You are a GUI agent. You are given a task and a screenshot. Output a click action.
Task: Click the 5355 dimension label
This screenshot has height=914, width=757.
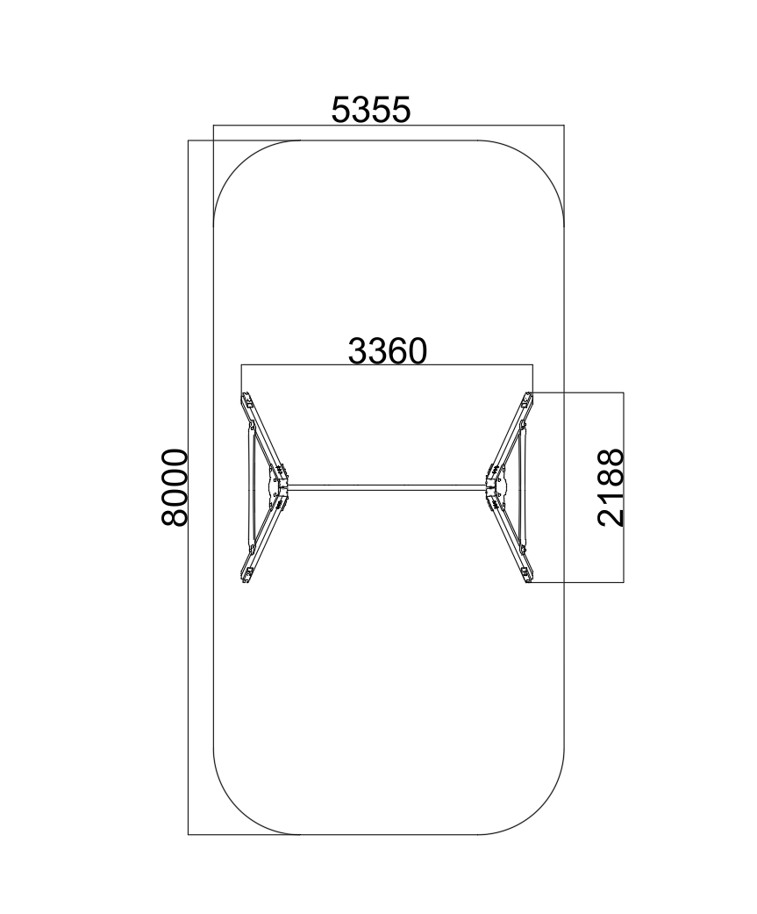coord(371,110)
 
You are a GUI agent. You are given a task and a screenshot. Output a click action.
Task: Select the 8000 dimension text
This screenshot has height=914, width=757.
coord(175,487)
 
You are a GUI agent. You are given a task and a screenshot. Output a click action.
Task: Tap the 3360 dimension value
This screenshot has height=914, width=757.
coord(388,351)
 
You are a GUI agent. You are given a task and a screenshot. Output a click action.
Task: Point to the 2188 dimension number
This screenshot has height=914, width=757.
coord(611,487)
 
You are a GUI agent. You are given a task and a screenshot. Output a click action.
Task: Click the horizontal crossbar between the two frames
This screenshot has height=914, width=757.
coord(388,487)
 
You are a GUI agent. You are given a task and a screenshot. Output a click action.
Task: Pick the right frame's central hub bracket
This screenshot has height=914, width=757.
coord(496,487)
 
